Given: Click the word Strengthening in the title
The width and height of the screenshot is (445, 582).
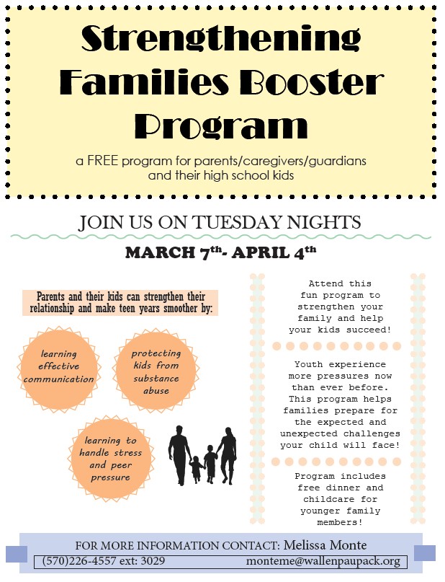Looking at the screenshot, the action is [x=221, y=39].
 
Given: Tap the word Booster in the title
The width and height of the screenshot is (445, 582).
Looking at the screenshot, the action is [x=312, y=81].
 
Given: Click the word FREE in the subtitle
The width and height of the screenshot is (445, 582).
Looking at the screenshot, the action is [x=103, y=161].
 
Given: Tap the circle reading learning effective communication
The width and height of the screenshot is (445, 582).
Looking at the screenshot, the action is [x=59, y=369].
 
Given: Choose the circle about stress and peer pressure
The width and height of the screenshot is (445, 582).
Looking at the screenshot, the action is [x=111, y=459].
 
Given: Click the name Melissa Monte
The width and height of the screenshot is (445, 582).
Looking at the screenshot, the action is [x=325, y=545].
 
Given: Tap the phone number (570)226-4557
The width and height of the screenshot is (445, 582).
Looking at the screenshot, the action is [x=79, y=560].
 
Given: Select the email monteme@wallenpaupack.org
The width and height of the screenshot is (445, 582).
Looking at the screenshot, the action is [x=323, y=561].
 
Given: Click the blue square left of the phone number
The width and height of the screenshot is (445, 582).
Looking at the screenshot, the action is [x=17, y=554].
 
